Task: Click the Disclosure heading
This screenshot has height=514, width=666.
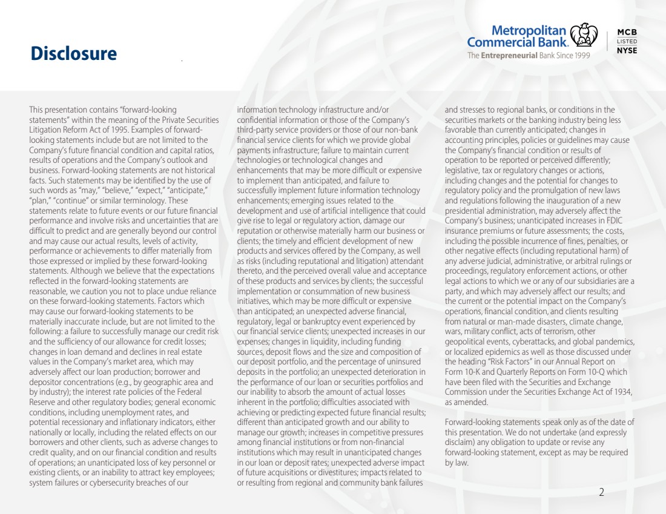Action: (74, 54)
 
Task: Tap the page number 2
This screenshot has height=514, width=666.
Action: (601, 492)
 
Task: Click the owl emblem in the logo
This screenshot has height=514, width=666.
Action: (584, 35)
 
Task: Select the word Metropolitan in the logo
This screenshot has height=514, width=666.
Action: (529, 30)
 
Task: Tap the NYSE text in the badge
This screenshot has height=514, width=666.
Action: (627, 51)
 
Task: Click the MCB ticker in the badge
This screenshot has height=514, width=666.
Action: (627, 32)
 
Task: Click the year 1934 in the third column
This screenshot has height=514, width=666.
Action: (621, 392)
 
